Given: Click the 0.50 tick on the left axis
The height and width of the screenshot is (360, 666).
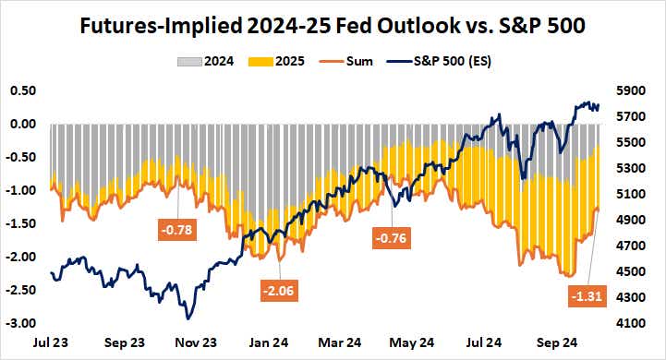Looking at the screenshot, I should click(x=21, y=90).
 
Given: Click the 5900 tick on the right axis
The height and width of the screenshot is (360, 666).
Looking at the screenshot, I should click(x=636, y=90).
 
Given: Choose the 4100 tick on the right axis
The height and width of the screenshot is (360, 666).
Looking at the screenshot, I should click(x=636, y=323).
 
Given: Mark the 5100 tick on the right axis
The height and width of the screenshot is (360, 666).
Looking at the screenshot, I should click(x=636, y=194).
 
